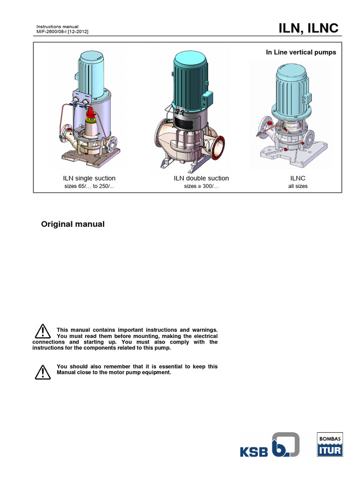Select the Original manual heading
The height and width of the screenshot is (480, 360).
73,224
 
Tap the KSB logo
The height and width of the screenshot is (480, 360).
269,445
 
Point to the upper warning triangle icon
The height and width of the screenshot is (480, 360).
42,331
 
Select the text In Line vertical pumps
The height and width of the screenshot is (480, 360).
301,52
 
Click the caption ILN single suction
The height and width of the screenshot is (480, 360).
89,178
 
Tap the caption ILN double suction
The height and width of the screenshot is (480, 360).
201,178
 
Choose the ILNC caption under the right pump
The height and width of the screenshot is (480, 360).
298,178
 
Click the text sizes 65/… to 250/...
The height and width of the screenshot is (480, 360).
89,186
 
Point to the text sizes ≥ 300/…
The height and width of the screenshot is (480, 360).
201,186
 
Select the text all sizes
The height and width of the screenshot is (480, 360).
298,186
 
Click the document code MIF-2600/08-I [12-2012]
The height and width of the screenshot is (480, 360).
62,32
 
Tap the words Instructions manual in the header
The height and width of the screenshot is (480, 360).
57,26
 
